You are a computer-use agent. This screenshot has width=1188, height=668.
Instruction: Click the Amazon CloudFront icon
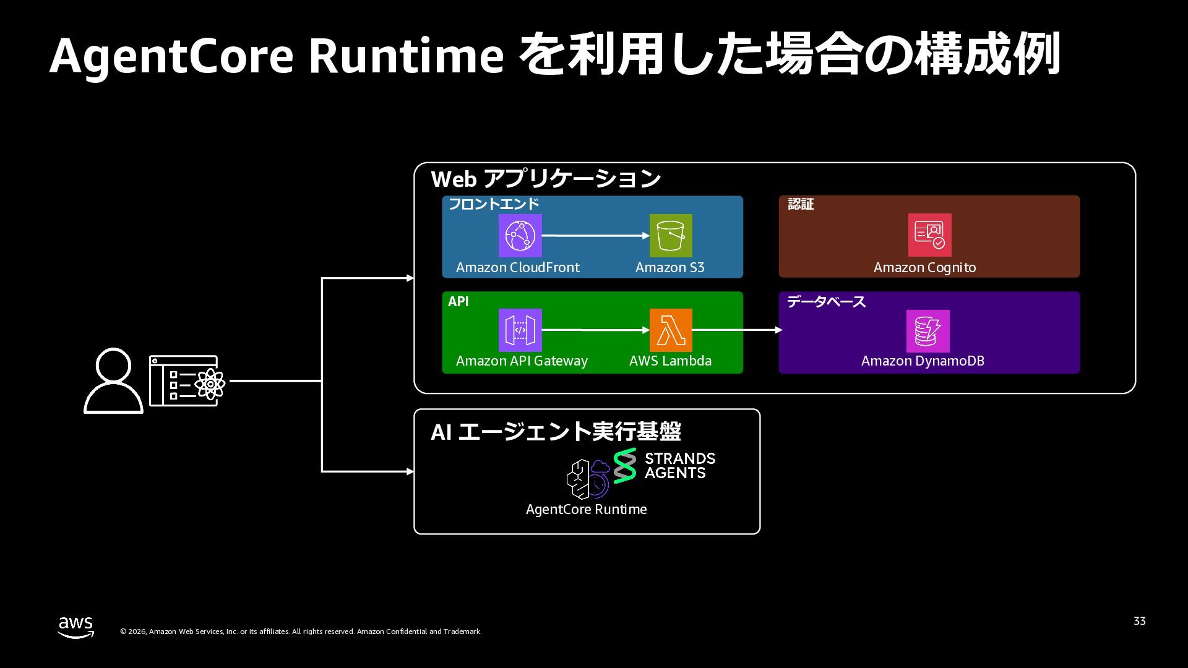[x=520, y=236]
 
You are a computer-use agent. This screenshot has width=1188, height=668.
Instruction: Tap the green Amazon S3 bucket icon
[x=671, y=236]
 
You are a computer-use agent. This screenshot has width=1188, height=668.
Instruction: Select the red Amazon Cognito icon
[x=929, y=235]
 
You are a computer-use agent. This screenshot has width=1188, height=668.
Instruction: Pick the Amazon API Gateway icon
[x=520, y=330]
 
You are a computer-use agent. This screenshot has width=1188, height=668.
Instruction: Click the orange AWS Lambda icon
[x=671, y=330]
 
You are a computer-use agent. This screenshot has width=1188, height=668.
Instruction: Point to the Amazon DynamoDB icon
[x=928, y=331]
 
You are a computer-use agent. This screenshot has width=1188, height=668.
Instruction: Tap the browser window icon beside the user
[x=186, y=381]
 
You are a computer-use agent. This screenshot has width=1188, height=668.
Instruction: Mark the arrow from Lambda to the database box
[x=736, y=330]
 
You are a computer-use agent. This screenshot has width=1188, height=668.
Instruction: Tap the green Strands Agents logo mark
[x=625, y=466]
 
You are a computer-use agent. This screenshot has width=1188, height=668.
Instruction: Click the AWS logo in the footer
[x=76, y=627]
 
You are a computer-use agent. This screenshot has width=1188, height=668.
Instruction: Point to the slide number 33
[x=1139, y=621]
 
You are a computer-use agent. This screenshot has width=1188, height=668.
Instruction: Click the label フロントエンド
[x=493, y=204]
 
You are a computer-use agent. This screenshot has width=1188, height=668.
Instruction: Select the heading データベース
[x=825, y=302]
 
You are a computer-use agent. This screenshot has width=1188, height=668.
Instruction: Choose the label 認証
[x=800, y=204]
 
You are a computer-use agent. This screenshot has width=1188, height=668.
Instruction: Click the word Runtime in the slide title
[x=406, y=56]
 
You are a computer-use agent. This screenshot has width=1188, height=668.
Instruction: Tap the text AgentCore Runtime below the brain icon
[x=586, y=509]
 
